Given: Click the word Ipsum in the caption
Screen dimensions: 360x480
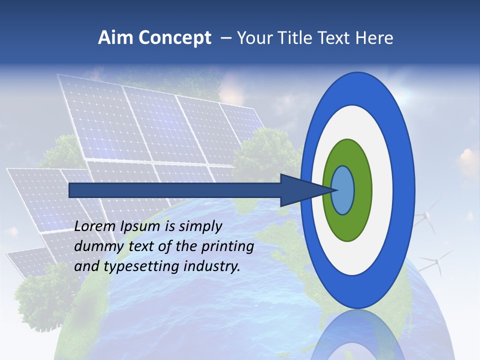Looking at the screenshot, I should pos(142,226).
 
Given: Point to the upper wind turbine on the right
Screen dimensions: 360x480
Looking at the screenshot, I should pos(425,215).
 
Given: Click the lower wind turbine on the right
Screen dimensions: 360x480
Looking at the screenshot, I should pos(435,260).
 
